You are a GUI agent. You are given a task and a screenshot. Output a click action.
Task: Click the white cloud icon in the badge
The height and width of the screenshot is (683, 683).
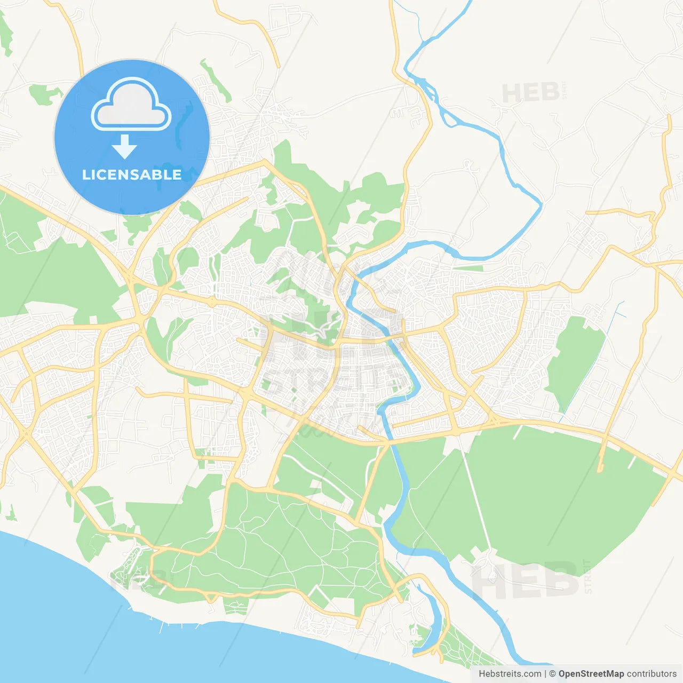131,106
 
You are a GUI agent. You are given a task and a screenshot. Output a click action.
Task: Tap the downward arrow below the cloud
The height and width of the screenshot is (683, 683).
125,147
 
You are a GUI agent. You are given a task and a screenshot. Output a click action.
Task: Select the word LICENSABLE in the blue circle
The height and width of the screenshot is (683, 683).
132,174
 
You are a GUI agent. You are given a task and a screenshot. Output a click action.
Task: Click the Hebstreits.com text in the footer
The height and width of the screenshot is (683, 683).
510,674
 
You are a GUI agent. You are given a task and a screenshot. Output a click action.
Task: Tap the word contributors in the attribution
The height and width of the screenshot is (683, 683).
652,674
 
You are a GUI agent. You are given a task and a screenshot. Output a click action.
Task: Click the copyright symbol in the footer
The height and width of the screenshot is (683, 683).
553,674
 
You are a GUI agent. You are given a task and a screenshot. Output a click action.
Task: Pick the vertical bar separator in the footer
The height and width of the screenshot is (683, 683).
545,674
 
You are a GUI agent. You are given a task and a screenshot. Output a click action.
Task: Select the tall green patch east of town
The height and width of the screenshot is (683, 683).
574,358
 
